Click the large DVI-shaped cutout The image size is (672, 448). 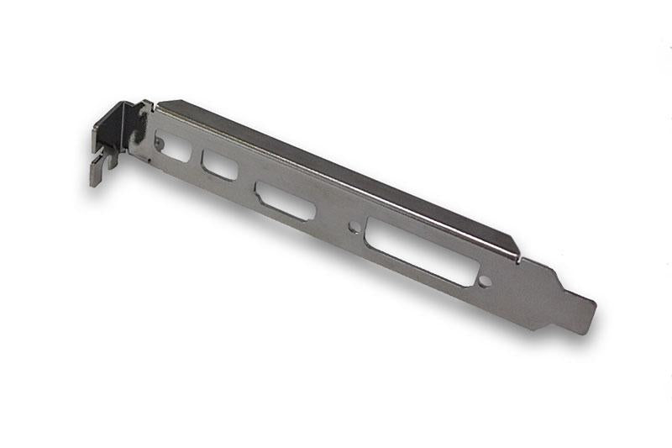pos(421,253)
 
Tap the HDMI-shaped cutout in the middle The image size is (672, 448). pos(286,200)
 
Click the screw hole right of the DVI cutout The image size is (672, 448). pos(484,282)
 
